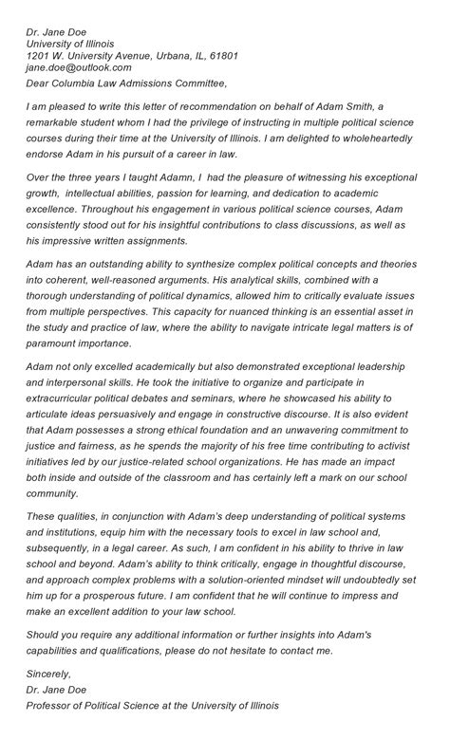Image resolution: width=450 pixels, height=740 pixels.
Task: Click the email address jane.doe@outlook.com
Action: click(79, 68)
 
